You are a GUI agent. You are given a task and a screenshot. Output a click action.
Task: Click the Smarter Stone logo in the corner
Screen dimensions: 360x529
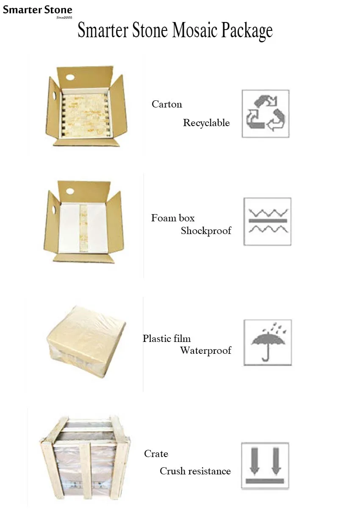[37, 11]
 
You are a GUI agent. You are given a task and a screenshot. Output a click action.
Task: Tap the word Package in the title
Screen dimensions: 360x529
[247, 31]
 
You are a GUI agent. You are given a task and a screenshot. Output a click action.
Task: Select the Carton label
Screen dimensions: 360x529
[167, 104]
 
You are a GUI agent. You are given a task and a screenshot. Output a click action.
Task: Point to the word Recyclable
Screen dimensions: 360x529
[206, 123]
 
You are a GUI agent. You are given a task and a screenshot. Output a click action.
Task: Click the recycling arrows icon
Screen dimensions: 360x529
[266, 113]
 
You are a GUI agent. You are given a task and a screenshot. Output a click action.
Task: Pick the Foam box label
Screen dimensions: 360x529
[173, 218]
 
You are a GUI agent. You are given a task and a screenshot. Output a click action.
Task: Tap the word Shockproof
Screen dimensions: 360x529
[206, 231]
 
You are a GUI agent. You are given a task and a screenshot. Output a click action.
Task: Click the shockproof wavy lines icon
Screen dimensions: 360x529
[267, 221]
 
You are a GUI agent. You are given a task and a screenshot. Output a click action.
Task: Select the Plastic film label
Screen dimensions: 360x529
[166, 339]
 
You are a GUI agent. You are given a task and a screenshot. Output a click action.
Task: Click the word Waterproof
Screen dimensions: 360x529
[205, 350]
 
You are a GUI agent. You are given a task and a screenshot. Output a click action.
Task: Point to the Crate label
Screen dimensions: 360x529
[156, 454]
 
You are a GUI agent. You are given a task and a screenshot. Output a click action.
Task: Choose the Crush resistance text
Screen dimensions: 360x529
[195, 471]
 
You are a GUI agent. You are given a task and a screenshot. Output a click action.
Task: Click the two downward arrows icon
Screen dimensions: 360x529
[265, 466]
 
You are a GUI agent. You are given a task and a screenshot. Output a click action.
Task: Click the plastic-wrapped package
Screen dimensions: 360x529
[86, 341]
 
